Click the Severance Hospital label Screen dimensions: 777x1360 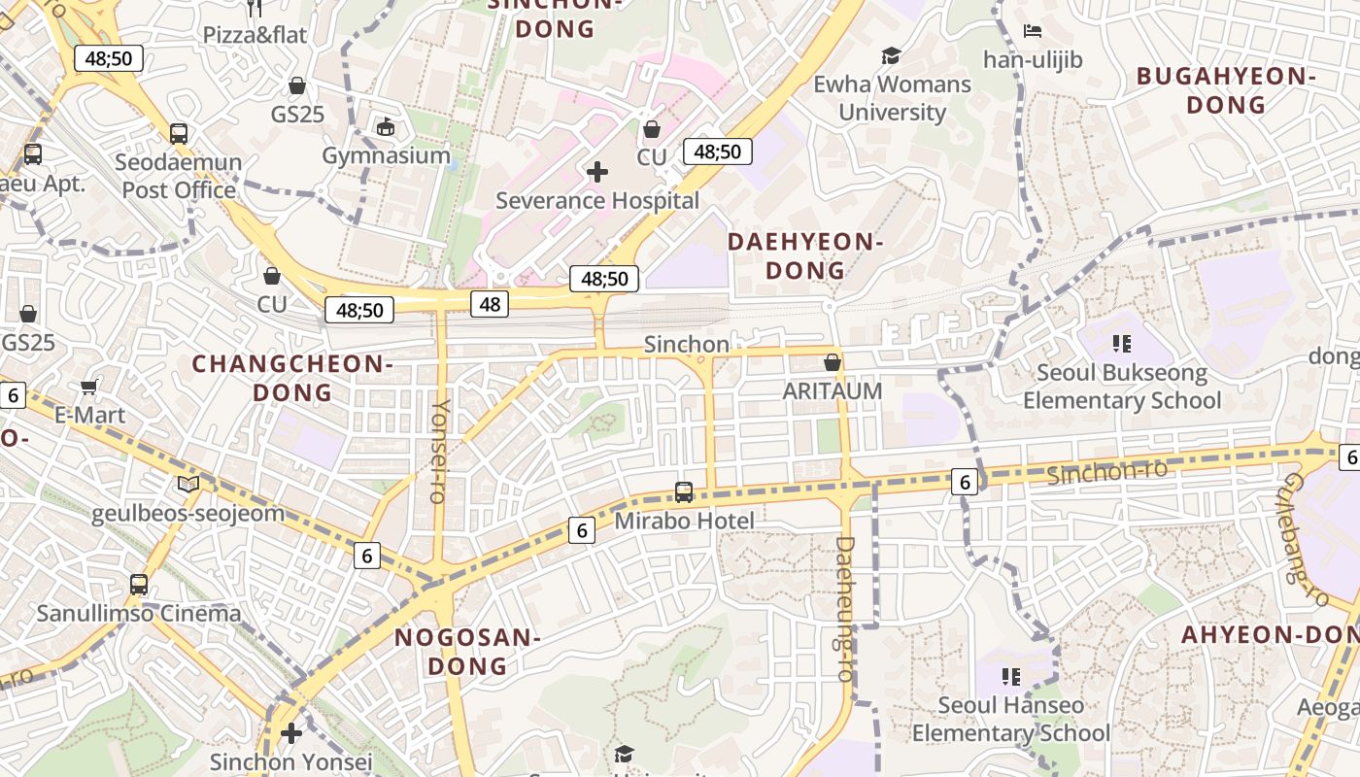point(596,201)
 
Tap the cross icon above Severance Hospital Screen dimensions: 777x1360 point(597,172)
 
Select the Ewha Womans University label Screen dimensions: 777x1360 point(892,98)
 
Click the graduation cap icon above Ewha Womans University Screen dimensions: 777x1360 point(891,55)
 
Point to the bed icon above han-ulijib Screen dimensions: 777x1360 point(1033,31)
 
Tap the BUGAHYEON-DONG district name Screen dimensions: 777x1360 point(1226,90)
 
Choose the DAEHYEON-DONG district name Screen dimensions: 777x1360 point(805,255)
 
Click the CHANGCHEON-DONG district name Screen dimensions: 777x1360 point(292,378)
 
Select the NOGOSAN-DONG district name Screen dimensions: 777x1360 point(467,652)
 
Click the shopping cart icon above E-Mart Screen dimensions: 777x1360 point(88,388)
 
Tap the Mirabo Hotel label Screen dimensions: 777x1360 point(684,522)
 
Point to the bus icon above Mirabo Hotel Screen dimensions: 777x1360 point(684,492)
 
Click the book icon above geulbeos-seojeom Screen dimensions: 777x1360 point(188,484)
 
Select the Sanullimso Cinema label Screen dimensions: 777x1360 point(139,614)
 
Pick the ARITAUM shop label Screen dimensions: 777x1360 point(833,391)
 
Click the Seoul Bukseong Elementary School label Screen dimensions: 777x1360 point(1122,387)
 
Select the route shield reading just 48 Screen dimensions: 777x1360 point(490,305)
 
